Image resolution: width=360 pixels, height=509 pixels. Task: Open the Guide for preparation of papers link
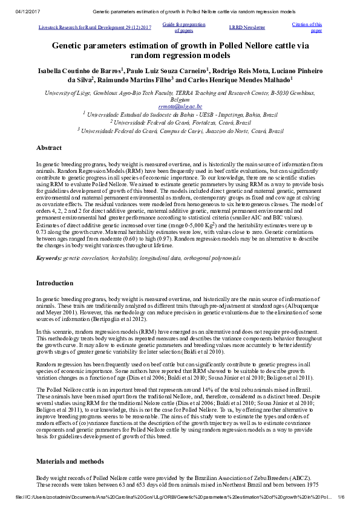click(x=184, y=27)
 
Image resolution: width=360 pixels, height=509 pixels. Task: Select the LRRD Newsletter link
click(x=247, y=27)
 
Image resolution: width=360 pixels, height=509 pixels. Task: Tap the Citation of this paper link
click(x=307, y=27)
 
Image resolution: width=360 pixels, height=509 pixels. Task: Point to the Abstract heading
click(x=49, y=148)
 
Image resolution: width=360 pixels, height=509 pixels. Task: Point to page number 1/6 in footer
click(x=341, y=497)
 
